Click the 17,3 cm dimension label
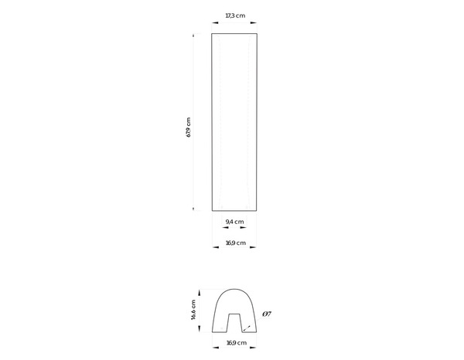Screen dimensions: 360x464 [235, 15]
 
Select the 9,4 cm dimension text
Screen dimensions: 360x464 [235, 222]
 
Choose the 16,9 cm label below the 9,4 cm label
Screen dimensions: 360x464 [235, 243]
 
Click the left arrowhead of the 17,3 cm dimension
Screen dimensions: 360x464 [214, 24]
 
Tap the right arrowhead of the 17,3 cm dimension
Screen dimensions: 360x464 [256, 24]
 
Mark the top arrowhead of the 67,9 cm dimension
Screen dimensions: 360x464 [194, 36]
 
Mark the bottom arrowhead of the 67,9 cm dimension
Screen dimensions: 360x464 [194, 209]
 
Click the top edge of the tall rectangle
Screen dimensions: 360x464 [235, 34]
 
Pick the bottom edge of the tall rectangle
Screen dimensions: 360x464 [235, 211]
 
